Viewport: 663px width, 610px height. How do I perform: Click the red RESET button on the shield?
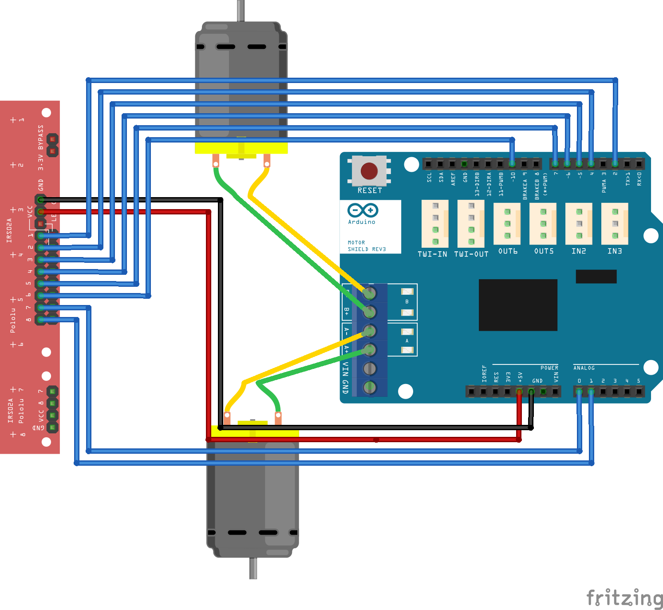[x=369, y=171]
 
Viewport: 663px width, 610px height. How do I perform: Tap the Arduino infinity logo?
[x=363, y=210]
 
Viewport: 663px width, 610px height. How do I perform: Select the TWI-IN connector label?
[x=432, y=254]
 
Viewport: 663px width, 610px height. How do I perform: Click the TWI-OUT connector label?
[x=471, y=254]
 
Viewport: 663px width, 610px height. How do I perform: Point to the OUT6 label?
[x=508, y=251]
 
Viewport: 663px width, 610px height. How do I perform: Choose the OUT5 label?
[x=544, y=251]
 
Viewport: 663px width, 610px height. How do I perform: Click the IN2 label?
[x=579, y=251]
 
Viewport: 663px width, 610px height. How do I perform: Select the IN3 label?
[x=615, y=251]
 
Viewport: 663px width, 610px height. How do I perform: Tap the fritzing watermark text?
[x=624, y=598]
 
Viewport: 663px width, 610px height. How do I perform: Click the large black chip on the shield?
[x=518, y=305]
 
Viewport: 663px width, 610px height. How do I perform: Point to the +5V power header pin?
[x=519, y=392]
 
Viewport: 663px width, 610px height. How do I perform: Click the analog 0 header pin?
[x=579, y=392]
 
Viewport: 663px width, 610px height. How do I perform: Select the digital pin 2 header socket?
[x=615, y=164]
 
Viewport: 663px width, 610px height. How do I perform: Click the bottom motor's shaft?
[x=253, y=568]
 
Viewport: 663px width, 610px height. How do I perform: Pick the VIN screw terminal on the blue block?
[x=370, y=368]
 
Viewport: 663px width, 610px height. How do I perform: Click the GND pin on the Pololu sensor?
[x=41, y=200]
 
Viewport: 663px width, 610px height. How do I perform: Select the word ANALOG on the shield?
[x=584, y=368]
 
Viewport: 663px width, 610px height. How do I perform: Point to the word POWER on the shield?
[x=549, y=368]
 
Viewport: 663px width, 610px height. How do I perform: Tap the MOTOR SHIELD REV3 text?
[x=367, y=246]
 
